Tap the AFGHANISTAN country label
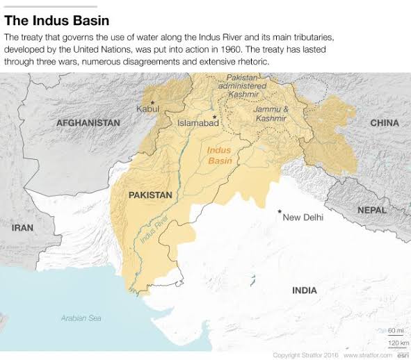(x=88, y=122)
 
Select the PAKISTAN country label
(x=150, y=196)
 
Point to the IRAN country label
(x=22, y=227)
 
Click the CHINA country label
(x=384, y=123)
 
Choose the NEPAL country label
(x=372, y=209)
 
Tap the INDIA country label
(x=305, y=290)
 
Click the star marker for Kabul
(x=152, y=103)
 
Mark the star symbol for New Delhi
(x=280, y=211)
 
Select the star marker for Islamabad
(x=215, y=116)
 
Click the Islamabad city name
(x=198, y=123)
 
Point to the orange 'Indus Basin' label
(x=220, y=154)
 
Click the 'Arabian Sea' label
(x=81, y=318)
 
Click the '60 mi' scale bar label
(x=394, y=329)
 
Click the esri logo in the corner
(x=401, y=354)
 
